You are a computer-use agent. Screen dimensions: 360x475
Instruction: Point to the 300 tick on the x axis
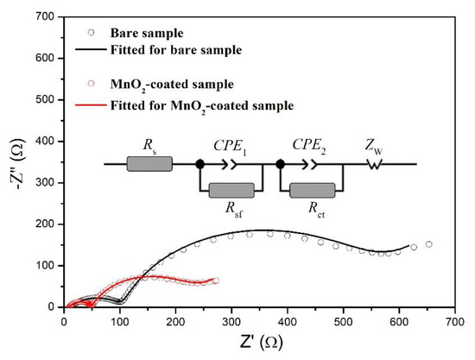231,307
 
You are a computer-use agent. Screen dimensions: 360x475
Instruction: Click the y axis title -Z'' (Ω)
15,161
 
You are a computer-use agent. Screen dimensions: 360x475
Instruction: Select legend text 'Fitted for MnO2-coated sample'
199,106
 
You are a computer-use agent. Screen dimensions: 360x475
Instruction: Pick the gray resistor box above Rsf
228,188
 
